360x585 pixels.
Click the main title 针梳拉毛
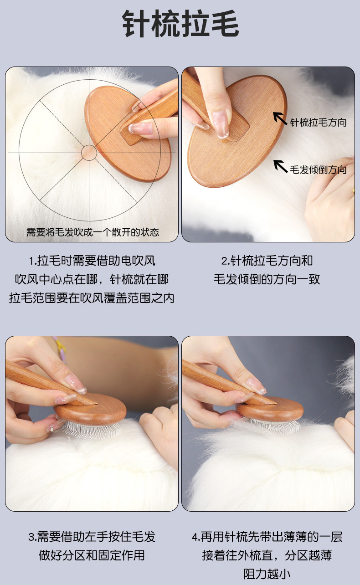(180, 24)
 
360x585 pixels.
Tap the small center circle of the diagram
(89, 153)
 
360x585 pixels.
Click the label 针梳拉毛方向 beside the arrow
(318, 122)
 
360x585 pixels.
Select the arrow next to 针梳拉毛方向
(280, 118)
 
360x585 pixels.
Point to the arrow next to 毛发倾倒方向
(280, 166)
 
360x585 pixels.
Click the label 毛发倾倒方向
(318, 170)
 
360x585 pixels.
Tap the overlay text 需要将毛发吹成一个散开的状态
(93, 232)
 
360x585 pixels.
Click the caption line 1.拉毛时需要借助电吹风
(92, 261)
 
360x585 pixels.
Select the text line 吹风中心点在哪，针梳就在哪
(92, 279)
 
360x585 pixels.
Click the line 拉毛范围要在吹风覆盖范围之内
(92, 298)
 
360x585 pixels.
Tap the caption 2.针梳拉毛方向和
(267, 261)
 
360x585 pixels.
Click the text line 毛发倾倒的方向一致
(267, 279)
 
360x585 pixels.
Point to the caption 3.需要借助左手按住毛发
(92, 537)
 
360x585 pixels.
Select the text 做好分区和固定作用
(92, 555)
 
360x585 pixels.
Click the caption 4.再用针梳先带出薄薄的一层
(267, 537)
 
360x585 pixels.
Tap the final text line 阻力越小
(267, 574)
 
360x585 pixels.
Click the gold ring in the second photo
(353, 190)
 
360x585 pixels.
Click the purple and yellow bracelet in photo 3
(61, 347)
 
